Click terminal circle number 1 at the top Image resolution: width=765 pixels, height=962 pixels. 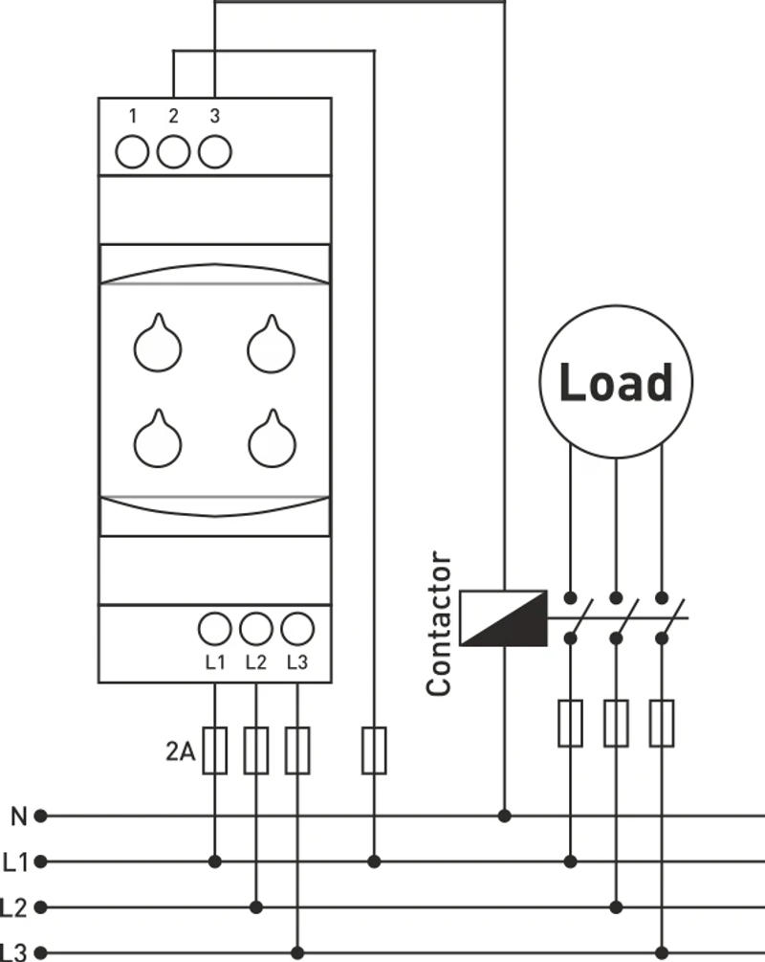(x=132, y=152)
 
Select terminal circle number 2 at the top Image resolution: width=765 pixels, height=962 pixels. (x=173, y=152)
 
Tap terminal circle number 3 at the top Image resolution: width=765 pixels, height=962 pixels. (x=215, y=152)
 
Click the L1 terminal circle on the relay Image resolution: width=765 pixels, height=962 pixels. (x=215, y=629)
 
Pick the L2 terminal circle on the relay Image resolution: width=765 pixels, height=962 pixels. (x=256, y=629)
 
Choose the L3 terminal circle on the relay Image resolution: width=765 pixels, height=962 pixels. (x=297, y=629)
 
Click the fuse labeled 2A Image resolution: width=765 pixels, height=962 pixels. (x=215, y=750)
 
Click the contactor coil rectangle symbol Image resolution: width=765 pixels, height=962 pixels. (x=503, y=617)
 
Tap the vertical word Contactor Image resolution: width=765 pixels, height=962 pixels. (x=439, y=623)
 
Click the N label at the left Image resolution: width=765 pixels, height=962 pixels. (x=19, y=817)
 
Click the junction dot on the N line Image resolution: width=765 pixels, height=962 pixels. (x=504, y=816)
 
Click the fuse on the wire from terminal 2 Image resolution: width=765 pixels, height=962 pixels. (x=374, y=750)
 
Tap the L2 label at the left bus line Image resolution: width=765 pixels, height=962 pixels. (x=15, y=906)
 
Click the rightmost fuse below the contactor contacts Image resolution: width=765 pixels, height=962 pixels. (x=662, y=723)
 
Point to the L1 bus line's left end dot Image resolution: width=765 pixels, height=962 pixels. (x=40, y=861)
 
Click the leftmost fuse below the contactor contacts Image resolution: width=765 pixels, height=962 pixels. (x=570, y=723)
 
